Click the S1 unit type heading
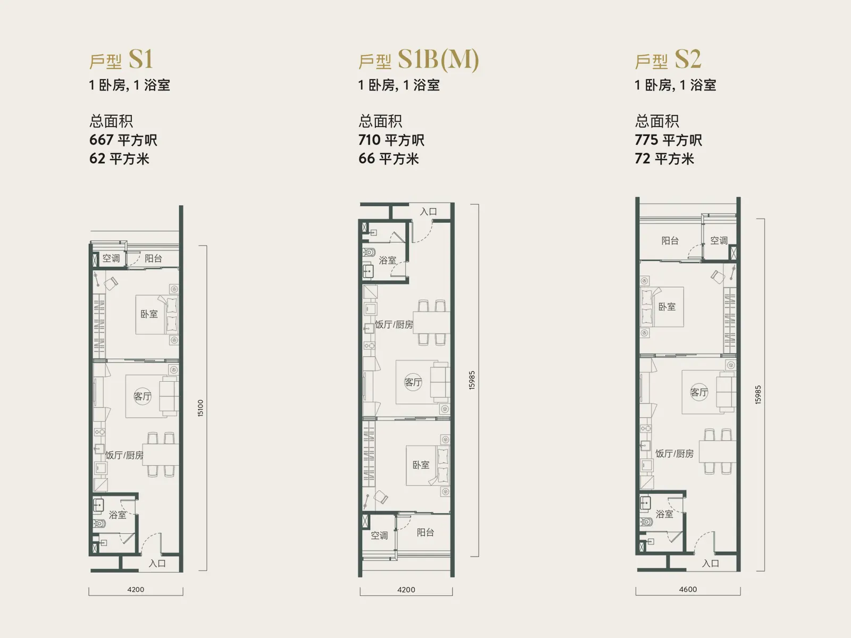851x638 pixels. [x=122, y=60]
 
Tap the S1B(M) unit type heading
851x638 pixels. [x=419, y=60]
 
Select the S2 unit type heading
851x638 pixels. [x=668, y=60]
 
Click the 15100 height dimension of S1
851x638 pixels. [x=201, y=408]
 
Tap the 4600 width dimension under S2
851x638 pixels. [x=688, y=589]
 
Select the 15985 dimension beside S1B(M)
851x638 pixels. [x=471, y=380]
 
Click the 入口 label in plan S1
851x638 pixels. [x=157, y=563]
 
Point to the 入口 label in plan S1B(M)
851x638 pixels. [x=428, y=212]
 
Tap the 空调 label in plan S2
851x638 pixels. [x=719, y=241]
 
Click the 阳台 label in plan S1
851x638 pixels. [x=153, y=258]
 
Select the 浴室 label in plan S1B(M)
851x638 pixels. [x=387, y=261]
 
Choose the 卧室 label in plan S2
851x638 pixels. [x=667, y=307]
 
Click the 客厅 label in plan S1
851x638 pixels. [x=143, y=396]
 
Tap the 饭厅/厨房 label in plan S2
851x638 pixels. [x=674, y=454]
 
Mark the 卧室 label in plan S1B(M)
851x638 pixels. [x=421, y=465]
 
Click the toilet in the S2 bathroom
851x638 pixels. [x=645, y=522]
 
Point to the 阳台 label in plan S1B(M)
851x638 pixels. [x=425, y=532]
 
